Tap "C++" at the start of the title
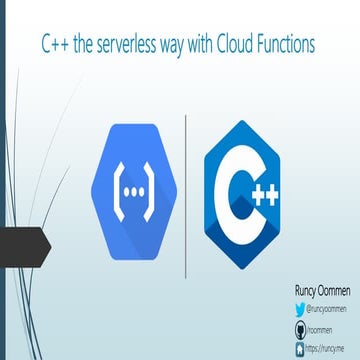tap(56, 44)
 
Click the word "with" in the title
tap(206, 44)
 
